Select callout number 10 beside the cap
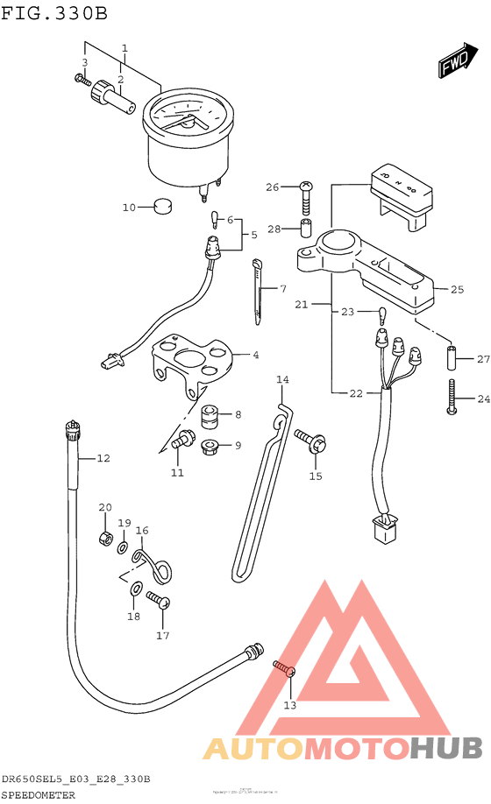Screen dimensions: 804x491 click(129, 208)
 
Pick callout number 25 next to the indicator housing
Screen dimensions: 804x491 click(457, 289)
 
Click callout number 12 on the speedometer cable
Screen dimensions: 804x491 click(103, 458)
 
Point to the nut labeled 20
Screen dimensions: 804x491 click(104, 534)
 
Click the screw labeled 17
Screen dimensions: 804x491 click(158, 602)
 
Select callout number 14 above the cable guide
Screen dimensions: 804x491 click(281, 379)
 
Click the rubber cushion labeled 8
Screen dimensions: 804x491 click(210, 414)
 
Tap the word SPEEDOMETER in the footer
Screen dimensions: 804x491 click(39, 794)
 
